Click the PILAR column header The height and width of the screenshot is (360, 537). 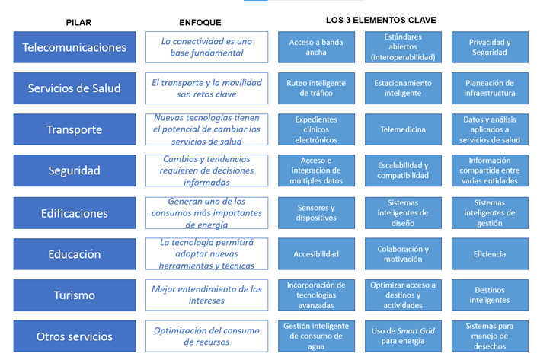pos(78,23)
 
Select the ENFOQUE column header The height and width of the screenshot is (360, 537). pos(200,23)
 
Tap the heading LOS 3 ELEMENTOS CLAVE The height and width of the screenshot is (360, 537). pos(381,20)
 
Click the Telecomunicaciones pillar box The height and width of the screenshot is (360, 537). pos(75,47)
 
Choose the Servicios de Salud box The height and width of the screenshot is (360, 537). pos(75,88)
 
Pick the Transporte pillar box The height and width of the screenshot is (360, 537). pos(75,129)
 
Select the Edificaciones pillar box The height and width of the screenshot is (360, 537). pos(75,213)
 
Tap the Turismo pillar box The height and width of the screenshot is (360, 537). pos(75,295)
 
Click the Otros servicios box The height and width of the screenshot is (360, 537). pos(75,336)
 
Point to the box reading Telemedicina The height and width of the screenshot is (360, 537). pos(403,129)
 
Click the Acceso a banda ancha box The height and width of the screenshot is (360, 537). pos(316,47)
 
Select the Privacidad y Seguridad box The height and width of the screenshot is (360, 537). pos(490,47)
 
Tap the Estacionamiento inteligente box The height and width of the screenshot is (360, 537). pos(403,88)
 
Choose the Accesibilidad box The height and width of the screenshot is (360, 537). pos(316,254)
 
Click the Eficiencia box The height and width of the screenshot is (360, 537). pos(490,254)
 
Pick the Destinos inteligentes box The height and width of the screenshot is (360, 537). pos(490,295)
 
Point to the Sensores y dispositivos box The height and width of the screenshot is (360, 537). pos(316,213)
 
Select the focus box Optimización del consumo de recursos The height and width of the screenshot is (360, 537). pos(206,336)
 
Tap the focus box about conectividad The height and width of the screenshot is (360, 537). pos(206,47)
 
